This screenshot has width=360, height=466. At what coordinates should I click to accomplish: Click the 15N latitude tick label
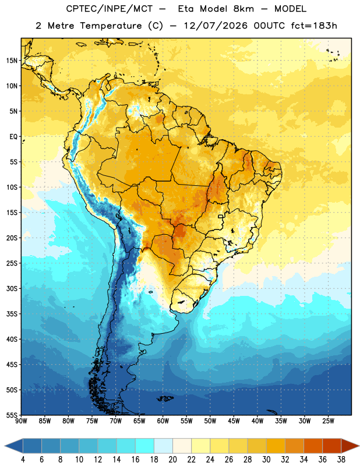click(x=12, y=61)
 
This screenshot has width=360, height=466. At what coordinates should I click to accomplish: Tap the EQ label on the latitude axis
click(x=13, y=137)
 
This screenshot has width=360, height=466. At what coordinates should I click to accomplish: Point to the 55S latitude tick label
click(x=12, y=415)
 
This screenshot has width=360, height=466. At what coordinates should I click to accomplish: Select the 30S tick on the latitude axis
click(x=12, y=288)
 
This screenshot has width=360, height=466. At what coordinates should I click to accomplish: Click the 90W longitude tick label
click(x=21, y=421)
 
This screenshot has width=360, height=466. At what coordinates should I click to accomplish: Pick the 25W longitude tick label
click(x=328, y=421)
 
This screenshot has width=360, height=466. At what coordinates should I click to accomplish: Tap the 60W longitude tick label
click(x=163, y=421)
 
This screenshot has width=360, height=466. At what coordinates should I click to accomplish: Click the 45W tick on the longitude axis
click(x=234, y=421)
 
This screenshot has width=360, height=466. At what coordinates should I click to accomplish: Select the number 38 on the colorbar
click(x=341, y=460)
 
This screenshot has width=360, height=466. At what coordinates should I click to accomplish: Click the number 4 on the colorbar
click(x=23, y=460)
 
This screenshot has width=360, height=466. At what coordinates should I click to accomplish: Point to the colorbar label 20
click(x=172, y=460)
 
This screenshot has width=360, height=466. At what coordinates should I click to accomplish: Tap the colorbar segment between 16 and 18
click(x=145, y=446)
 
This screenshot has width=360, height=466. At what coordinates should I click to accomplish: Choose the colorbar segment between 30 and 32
click(x=276, y=446)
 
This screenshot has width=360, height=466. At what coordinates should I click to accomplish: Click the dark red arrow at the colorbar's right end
click(x=350, y=446)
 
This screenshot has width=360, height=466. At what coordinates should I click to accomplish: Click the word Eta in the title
click(x=186, y=9)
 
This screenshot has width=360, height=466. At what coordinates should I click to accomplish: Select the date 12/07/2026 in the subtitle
click(x=216, y=26)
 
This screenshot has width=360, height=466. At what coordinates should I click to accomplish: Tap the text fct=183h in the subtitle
click(x=314, y=26)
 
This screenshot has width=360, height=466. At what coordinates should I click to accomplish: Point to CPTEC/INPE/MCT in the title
click(x=110, y=9)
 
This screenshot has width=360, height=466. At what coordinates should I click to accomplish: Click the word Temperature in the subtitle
click(x=111, y=26)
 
